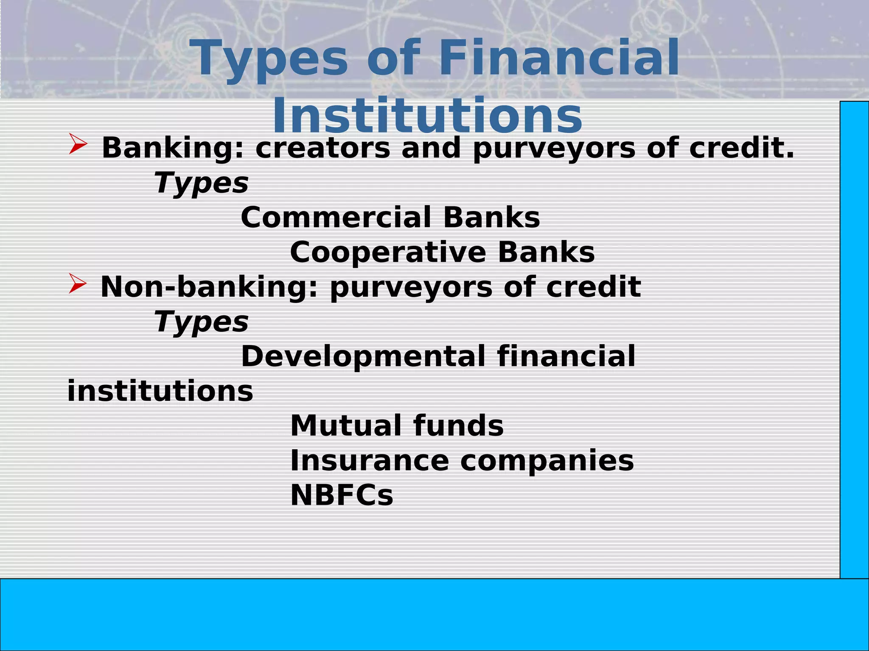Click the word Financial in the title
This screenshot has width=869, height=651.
[559, 58]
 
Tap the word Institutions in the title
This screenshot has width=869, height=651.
[427, 116]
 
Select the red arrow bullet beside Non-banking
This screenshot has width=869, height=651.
[78, 284]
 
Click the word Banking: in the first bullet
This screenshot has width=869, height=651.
[174, 148]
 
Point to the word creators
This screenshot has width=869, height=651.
[322, 148]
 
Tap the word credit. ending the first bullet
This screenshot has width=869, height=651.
[741, 148]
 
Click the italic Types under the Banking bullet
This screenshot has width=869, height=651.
[202, 184]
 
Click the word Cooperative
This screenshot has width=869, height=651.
[388, 253]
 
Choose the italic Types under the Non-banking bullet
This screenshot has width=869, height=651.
[202, 323]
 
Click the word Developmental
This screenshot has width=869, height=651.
[363, 356]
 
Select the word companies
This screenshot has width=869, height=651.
[547, 461]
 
